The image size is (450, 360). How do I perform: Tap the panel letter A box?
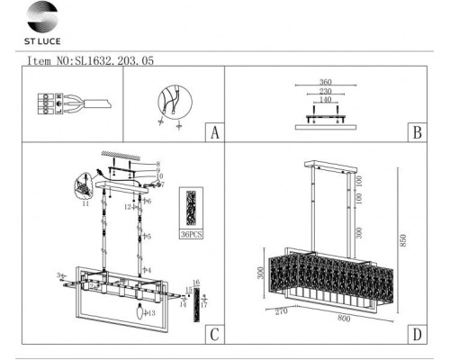213,132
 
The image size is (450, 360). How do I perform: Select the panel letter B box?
416,132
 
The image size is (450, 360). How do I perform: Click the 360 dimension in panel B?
325,82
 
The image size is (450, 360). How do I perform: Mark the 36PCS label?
192,234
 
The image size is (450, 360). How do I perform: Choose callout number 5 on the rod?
148,236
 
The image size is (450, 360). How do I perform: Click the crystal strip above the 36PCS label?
192,208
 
